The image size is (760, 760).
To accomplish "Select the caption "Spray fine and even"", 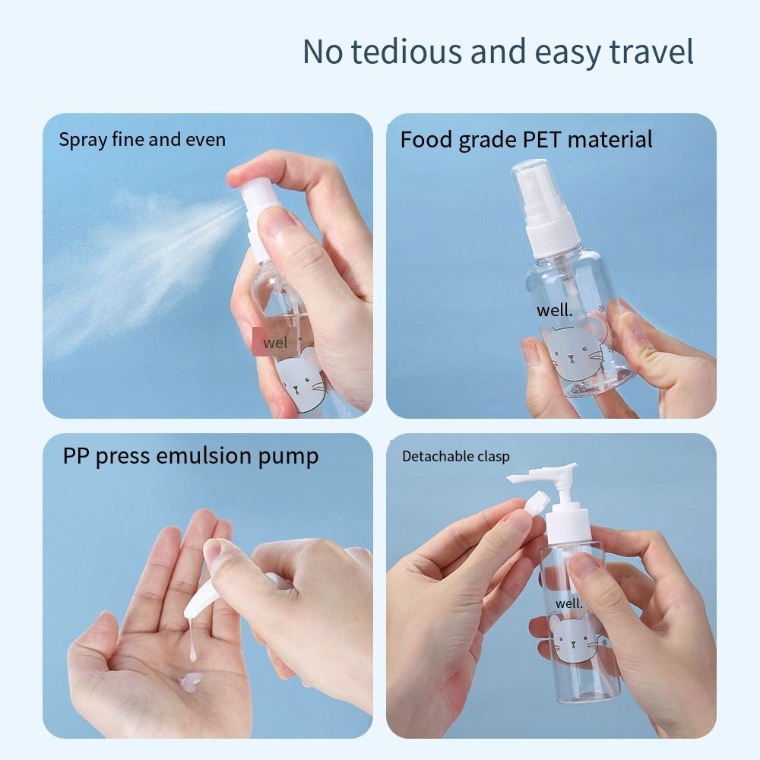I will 142,140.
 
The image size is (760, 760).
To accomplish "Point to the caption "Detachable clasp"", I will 455,457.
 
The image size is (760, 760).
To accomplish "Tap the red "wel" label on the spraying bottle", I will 274,343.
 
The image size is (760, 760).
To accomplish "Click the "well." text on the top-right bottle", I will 555,310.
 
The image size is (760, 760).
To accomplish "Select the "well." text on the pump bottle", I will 569,603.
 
